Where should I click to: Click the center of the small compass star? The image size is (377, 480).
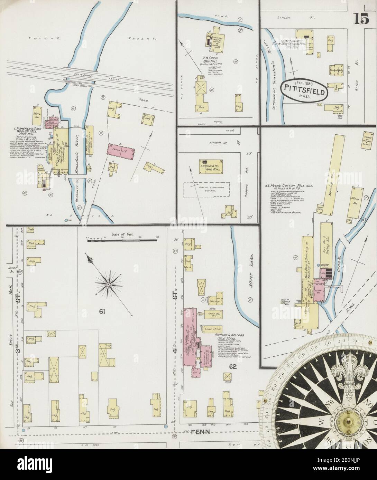click(109, 284)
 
